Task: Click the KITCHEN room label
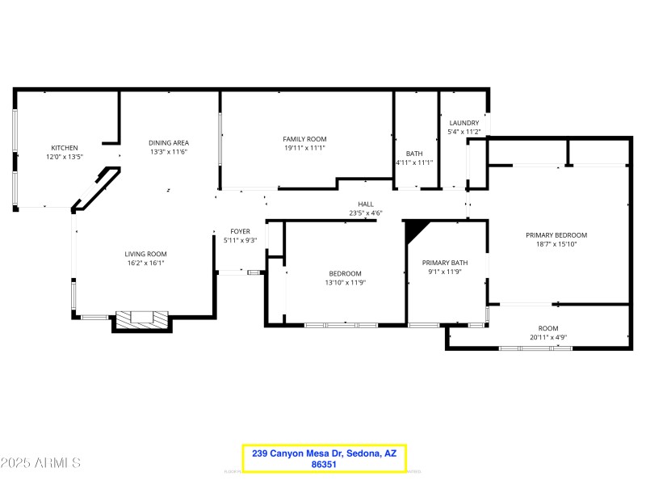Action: pyautogui.click(x=65, y=148)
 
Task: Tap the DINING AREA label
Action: pyautogui.click(x=168, y=143)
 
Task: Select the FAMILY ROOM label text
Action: pyautogui.click(x=304, y=139)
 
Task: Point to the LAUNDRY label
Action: pyautogui.click(x=464, y=123)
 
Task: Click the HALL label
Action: pyautogui.click(x=365, y=205)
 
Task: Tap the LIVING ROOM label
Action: pyautogui.click(x=145, y=254)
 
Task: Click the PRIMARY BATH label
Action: pyautogui.click(x=444, y=263)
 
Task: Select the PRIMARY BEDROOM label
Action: pyautogui.click(x=556, y=235)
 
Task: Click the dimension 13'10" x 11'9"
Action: pyautogui.click(x=345, y=282)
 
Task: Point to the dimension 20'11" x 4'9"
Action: pyautogui.click(x=548, y=337)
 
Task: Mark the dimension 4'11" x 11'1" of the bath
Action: pyautogui.click(x=414, y=162)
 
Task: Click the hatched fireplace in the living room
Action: pyautogui.click(x=142, y=319)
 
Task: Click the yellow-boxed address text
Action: pyautogui.click(x=324, y=453)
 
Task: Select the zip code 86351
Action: pyautogui.click(x=324, y=466)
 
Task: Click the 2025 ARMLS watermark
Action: pyautogui.click(x=40, y=463)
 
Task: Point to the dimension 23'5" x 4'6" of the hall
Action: pyautogui.click(x=365, y=213)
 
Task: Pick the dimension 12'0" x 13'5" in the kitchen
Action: pyautogui.click(x=65, y=157)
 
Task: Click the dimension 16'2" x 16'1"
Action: pyautogui.click(x=145, y=263)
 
